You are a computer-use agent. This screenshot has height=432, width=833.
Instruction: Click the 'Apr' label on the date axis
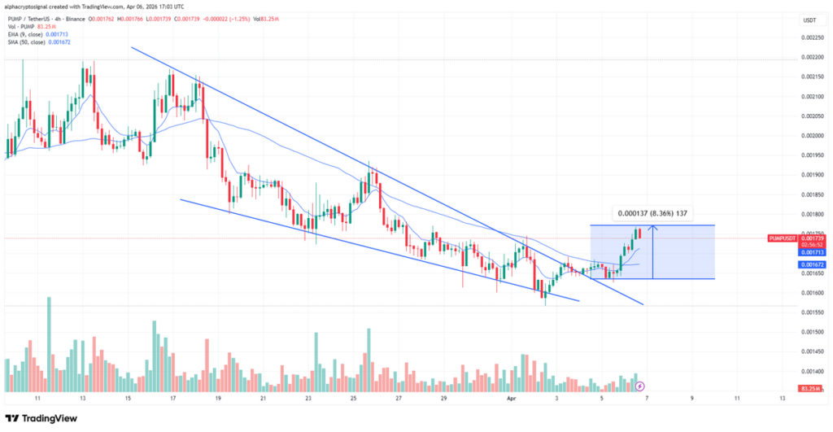point(512,399)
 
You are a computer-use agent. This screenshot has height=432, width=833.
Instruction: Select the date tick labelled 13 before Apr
point(83,399)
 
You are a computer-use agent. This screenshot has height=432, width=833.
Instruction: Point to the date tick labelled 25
point(353,399)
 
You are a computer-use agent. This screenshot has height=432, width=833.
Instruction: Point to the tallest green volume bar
point(49,342)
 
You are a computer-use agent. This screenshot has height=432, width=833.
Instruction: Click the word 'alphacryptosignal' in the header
point(30,6)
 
